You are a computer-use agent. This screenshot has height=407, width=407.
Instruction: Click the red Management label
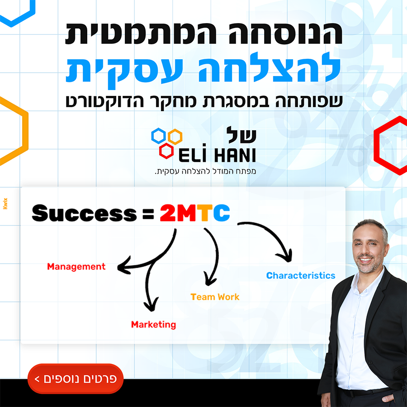(76, 267)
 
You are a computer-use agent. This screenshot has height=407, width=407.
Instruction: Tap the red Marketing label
(153, 324)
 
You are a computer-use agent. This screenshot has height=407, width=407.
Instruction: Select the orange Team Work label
(215, 297)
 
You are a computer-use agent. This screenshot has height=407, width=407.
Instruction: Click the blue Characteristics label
(301, 275)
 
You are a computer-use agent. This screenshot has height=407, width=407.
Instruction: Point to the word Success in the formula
(84, 213)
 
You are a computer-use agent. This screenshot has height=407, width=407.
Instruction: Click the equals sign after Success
(148, 213)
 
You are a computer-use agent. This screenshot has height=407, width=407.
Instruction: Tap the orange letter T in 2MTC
(205, 213)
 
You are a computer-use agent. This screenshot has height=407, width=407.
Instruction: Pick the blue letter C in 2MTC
(222, 213)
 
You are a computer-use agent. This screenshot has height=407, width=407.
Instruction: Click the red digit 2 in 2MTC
(167, 213)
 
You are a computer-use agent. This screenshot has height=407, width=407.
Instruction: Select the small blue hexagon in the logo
(158, 136)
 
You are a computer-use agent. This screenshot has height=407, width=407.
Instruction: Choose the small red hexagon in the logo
(166, 151)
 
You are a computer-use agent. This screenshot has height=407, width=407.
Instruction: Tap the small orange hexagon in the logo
(175, 137)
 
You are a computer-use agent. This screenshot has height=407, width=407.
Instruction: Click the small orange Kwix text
(5, 203)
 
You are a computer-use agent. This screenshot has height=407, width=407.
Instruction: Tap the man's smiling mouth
(366, 260)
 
